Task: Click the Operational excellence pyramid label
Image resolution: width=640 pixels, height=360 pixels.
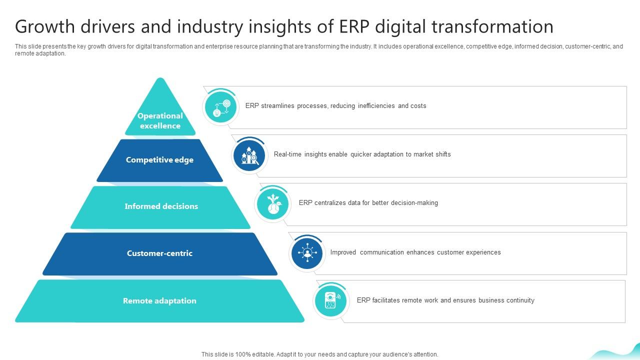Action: click(160, 121)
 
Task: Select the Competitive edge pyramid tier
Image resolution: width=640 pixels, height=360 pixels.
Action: click(159, 160)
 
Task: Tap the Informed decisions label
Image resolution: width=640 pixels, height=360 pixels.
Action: click(161, 206)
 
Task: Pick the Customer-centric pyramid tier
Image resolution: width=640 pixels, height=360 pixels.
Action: click(159, 253)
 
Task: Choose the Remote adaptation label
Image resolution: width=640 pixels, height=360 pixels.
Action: click(159, 301)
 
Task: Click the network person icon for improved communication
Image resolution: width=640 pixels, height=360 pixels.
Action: click(307, 253)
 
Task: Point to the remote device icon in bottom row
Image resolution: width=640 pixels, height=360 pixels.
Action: click(330, 301)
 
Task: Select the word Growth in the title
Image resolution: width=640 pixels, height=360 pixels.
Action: click(43, 26)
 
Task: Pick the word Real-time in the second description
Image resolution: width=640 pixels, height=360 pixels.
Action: click(287, 154)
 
